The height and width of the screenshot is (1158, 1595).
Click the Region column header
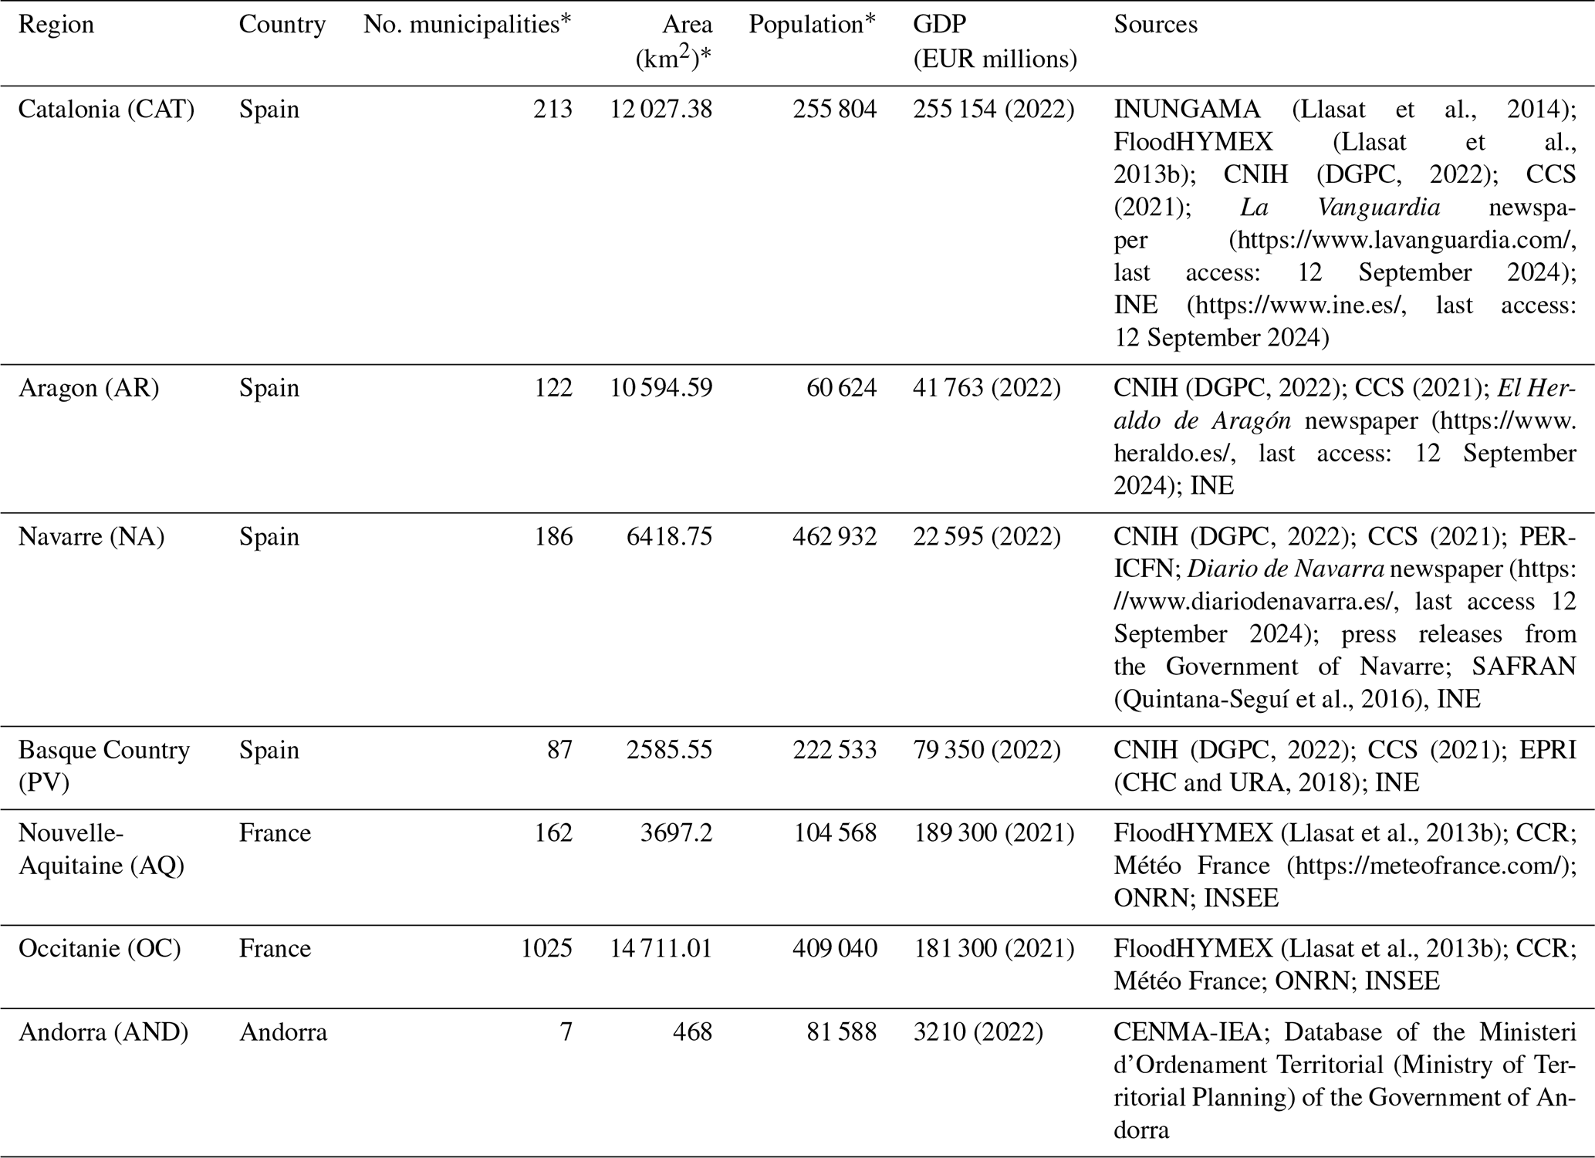[x=56, y=25]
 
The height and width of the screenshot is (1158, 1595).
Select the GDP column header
[x=939, y=25]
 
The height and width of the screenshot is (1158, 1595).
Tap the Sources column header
[x=1155, y=25]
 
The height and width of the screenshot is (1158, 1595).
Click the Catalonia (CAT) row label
[x=106, y=110]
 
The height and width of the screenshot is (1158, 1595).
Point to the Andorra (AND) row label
[x=103, y=1032]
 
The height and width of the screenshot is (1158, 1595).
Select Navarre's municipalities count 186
[x=553, y=537]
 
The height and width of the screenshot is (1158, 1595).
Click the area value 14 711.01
[x=661, y=949]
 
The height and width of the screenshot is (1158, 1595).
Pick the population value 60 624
[x=841, y=388]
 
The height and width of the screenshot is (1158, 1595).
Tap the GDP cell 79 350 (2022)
[x=987, y=750]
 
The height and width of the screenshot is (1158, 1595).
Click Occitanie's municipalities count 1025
[x=546, y=949]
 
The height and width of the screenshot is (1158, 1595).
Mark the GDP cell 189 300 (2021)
[x=994, y=833]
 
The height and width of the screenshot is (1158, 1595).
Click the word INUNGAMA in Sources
[x=1187, y=110]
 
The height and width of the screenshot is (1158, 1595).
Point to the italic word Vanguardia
[x=1378, y=208]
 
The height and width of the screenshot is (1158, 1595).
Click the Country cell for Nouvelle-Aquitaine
[x=275, y=833]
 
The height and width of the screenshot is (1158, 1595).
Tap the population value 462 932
[x=834, y=537]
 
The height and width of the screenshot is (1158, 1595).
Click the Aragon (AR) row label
[x=89, y=388]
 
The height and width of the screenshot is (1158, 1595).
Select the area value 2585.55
[x=669, y=750]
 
